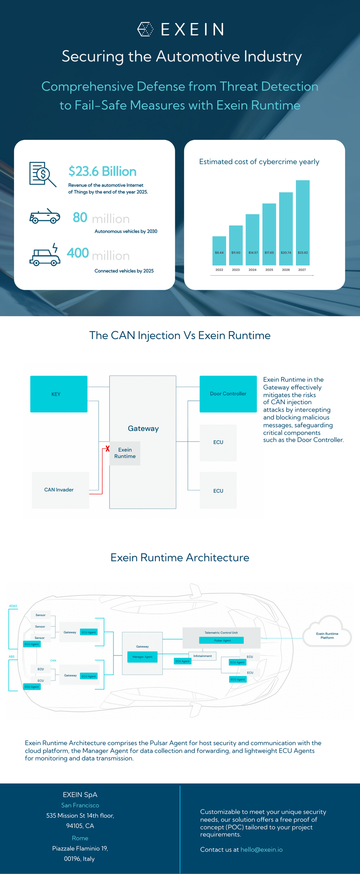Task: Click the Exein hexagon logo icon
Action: (145, 29)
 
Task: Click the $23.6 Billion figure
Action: (103, 172)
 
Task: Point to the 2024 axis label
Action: (252, 270)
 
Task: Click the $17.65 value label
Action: (269, 253)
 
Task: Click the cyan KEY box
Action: (59, 394)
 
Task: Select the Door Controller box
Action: (228, 394)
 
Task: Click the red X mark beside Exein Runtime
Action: (107, 449)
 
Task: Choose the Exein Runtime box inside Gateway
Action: (125, 453)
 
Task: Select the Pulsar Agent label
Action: (222, 640)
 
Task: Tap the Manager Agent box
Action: (142, 657)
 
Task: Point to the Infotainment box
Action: (203, 656)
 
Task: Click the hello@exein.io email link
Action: (261, 850)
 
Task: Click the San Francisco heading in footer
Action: (80, 805)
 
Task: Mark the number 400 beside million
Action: (78, 253)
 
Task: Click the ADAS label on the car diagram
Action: (13, 606)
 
